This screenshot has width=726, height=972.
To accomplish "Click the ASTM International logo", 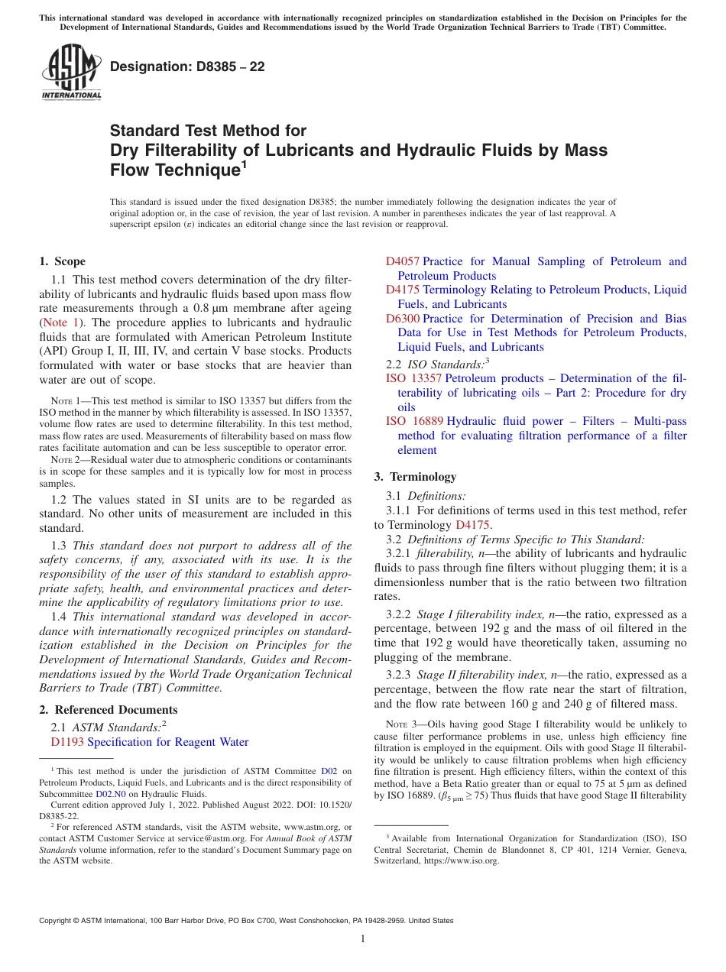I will point(71,73).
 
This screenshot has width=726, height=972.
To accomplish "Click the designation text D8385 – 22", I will point(187,66).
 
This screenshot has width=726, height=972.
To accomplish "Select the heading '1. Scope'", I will point(63,261).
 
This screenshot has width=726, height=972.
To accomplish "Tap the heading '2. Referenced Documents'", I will point(109,710).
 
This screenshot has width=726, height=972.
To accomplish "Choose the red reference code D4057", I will point(403,261).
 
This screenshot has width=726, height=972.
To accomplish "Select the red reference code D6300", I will point(403,319).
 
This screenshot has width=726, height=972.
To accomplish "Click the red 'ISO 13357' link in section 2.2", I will point(413,378).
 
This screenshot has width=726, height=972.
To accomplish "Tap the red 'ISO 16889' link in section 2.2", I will point(413,421).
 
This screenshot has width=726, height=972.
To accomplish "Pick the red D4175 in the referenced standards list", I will point(403,290).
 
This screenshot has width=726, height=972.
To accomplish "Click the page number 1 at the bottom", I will point(363,939).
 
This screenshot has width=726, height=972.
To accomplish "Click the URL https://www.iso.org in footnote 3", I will point(462,860).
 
